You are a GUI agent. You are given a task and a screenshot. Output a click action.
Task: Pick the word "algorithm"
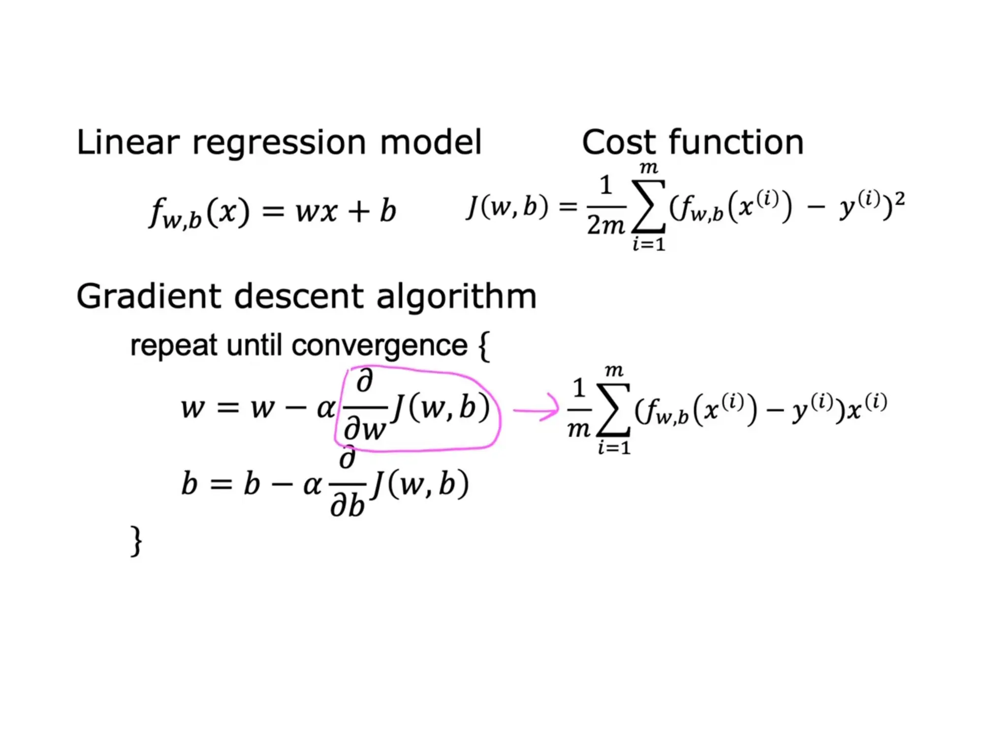(x=456, y=297)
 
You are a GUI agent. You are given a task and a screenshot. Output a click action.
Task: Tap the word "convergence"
(x=379, y=346)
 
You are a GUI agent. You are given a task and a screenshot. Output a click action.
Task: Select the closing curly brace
(x=136, y=541)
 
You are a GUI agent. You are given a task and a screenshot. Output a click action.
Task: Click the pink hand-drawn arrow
(x=536, y=409)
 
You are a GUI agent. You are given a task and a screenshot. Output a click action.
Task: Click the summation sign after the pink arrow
(x=613, y=410)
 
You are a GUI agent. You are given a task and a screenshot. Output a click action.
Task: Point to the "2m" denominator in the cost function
(x=605, y=225)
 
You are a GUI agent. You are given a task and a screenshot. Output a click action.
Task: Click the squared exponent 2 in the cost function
(x=899, y=198)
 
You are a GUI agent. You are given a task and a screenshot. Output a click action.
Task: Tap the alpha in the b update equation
(x=312, y=485)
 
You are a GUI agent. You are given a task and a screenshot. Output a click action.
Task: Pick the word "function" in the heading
(x=736, y=143)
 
